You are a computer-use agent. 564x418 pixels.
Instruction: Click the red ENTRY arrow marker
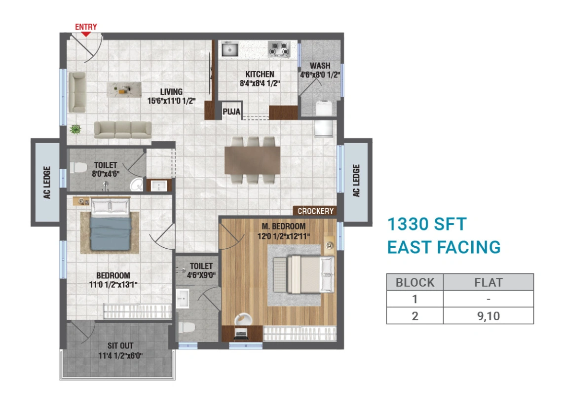tap(86, 34)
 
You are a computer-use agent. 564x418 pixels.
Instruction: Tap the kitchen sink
tap(229, 49)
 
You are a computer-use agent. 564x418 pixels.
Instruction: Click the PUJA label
tap(231, 112)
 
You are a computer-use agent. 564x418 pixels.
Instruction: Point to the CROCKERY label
tap(316, 211)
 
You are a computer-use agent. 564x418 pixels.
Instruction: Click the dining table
tap(252, 159)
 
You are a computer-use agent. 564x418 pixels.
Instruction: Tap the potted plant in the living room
tap(75, 129)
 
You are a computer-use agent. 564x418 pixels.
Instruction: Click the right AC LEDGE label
tap(356, 181)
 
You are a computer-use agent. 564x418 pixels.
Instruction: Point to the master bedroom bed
tap(303, 273)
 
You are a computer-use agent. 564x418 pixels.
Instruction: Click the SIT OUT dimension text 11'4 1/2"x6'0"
tap(121, 355)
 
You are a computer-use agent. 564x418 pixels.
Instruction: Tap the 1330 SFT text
tap(426, 225)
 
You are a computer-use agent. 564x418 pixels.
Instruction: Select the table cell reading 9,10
tap(488, 316)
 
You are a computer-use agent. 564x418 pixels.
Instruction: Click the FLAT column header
tap(488, 282)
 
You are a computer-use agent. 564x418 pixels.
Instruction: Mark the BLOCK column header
tap(415, 282)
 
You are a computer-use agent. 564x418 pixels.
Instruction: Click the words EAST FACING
tap(444, 247)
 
